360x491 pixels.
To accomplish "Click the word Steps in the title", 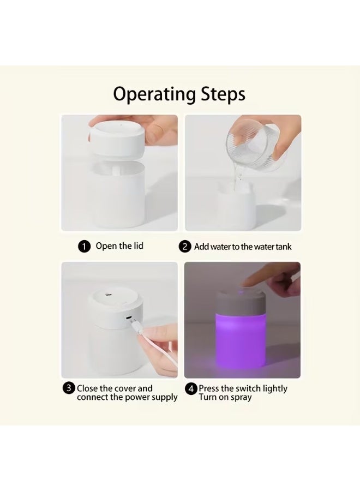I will pos(221,94).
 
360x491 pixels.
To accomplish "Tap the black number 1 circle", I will pos(84,247).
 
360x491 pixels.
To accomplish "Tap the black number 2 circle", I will pos(185,247).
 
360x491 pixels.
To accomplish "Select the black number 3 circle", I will pos(69,388).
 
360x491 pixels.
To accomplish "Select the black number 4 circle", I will pos(191,389).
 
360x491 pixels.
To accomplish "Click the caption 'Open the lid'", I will pos(119,246).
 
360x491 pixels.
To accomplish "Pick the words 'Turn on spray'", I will pos(225,397).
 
